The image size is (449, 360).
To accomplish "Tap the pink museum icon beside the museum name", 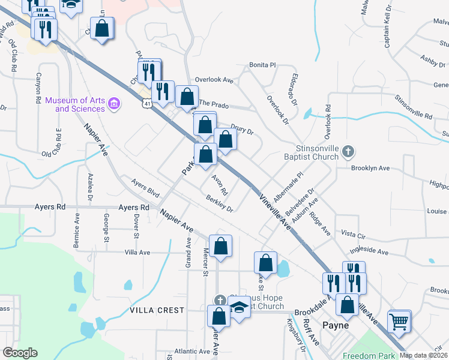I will [113, 105].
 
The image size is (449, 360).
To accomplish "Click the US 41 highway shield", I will [147, 104].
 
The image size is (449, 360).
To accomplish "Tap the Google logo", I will [20, 353].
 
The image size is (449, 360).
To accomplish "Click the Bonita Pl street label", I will [262, 65].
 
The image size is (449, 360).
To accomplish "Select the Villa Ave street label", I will [137, 253].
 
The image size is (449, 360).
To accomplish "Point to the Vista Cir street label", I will [357, 232].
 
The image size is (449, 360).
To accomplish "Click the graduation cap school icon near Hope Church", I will [240, 308].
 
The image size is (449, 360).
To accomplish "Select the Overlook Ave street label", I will [214, 79].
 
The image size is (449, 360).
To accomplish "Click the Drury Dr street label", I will [242, 128].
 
